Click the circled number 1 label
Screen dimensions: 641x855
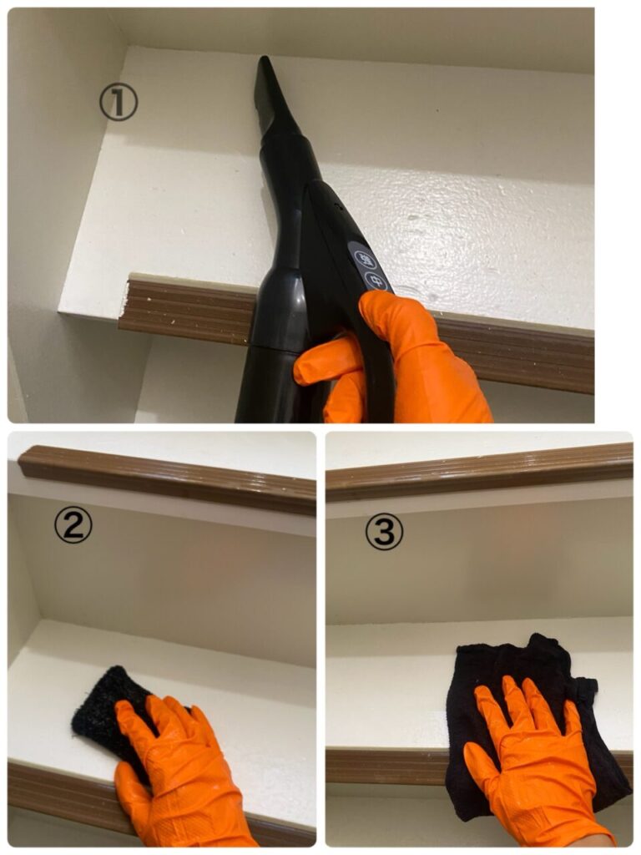(x=119, y=102)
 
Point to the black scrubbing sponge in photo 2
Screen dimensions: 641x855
(x=109, y=709)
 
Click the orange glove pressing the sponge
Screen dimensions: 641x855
(x=174, y=774)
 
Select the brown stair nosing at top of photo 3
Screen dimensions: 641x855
(x=480, y=471)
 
